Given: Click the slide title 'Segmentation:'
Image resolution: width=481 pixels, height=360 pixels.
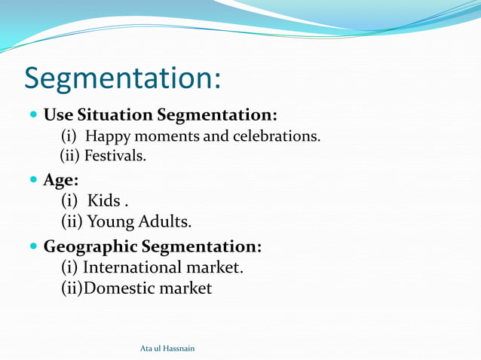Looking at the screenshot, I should [x=122, y=79].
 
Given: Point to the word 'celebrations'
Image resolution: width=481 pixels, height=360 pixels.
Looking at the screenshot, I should [x=278, y=136].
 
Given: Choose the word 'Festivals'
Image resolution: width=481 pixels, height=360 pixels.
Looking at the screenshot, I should [x=115, y=156].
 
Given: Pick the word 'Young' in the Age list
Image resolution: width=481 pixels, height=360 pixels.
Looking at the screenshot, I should [x=111, y=222].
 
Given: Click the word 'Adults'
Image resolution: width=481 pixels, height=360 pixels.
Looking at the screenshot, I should [x=165, y=222].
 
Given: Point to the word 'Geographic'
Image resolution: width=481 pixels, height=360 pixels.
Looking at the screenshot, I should [x=90, y=246].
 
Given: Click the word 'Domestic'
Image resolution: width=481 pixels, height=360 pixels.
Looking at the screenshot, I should [x=121, y=288].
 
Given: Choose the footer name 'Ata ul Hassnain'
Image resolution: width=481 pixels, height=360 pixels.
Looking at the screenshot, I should [x=167, y=348].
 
